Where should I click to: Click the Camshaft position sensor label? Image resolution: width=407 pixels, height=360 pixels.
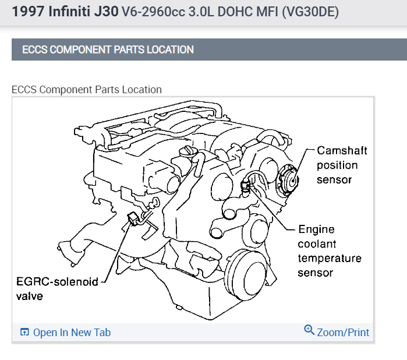[342, 165]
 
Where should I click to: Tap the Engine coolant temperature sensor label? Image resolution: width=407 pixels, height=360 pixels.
[329, 250]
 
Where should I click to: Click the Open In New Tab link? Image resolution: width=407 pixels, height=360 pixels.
[72, 333]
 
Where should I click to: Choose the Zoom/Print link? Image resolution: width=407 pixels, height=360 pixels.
[343, 333]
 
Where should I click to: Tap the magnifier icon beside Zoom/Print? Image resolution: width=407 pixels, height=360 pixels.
[309, 330]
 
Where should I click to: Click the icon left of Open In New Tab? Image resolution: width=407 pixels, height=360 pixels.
[24, 333]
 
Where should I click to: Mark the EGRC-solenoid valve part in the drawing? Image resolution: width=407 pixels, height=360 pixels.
[133, 219]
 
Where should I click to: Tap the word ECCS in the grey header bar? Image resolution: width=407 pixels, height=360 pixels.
[35, 50]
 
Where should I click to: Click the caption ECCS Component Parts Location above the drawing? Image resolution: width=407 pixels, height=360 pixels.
[87, 90]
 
